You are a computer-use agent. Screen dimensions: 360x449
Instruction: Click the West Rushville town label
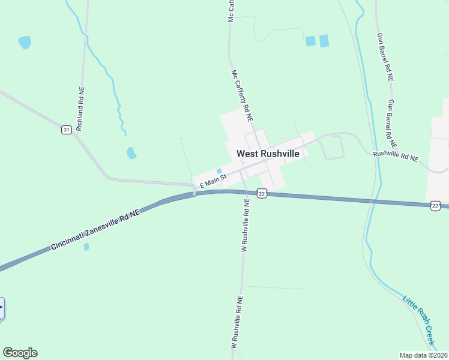coord(268,154)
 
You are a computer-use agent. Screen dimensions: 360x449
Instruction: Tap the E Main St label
coord(212,181)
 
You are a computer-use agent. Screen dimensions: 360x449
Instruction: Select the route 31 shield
coord(66,130)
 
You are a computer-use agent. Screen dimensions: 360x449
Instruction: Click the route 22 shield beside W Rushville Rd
coord(261,193)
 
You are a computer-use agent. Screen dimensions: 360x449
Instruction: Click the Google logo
coord(20,353)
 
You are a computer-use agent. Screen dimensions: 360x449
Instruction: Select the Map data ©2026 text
coord(423,355)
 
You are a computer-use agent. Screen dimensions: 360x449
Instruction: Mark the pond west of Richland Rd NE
coord(25,43)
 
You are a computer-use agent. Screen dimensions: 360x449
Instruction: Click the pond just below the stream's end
coord(131,153)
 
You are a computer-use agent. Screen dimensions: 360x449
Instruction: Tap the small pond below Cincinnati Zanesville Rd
coord(86,246)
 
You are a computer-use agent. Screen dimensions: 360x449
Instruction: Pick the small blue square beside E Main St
coord(219,172)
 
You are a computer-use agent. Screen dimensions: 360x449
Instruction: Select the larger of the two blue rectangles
coord(324,41)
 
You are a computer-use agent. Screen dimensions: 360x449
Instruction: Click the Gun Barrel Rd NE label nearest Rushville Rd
coord(393,124)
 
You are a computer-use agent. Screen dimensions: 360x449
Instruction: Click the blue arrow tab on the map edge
coord(2,308)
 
